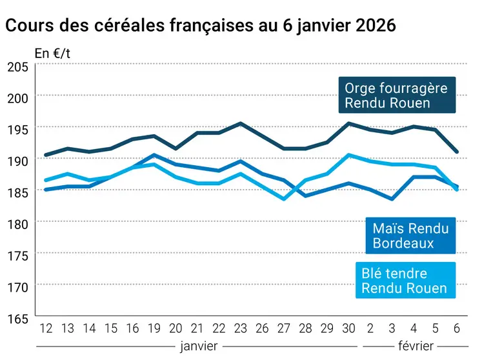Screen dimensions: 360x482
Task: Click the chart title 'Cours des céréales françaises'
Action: (200, 26)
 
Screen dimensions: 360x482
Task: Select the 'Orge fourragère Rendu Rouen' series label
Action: (396, 95)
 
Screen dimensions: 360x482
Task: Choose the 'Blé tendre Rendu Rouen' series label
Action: (404, 280)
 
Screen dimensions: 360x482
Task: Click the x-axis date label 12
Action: (46, 328)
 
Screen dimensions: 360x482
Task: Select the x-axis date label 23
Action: (240, 328)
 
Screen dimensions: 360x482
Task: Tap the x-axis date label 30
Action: (348, 328)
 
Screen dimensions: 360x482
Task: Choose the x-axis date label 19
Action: (154, 328)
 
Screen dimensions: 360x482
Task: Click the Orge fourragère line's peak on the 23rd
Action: (240, 123)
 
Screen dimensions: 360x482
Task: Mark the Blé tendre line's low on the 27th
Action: (283, 199)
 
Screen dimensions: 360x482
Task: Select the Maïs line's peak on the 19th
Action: (154, 155)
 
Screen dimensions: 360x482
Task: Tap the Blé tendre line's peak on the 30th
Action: (348, 155)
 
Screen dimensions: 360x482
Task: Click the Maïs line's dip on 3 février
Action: (392, 199)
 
